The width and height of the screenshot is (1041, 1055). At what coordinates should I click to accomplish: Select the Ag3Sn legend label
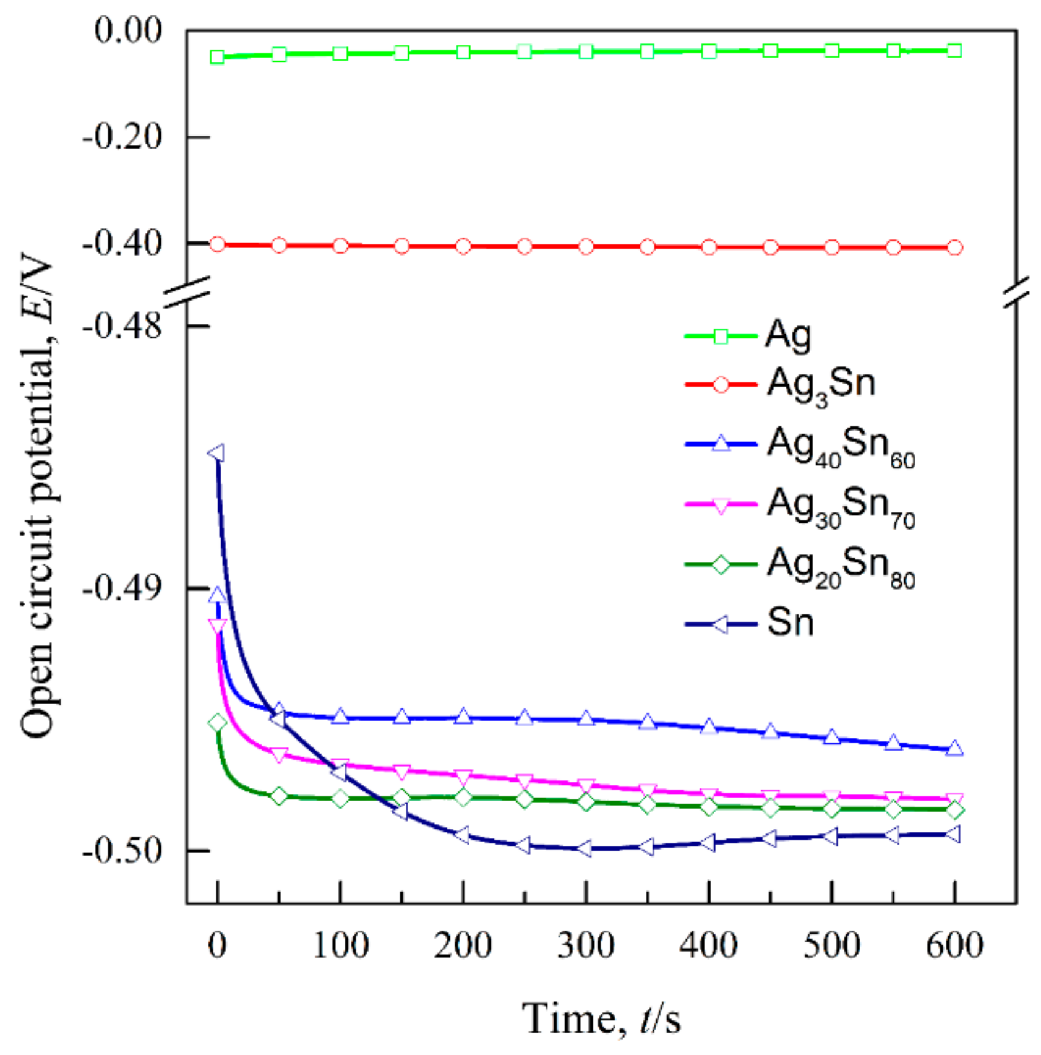(x=820, y=384)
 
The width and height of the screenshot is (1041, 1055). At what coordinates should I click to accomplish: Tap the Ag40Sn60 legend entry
(x=840, y=446)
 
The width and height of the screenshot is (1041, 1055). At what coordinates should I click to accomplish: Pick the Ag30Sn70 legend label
(x=840, y=506)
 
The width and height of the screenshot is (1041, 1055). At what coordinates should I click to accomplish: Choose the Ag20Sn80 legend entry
(x=840, y=566)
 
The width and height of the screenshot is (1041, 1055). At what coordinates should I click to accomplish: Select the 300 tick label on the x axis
(x=585, y=946)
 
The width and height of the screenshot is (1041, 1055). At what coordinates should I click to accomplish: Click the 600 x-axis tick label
(x=954, y=946)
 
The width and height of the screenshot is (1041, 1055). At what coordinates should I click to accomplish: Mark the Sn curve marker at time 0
(x=216, y=454)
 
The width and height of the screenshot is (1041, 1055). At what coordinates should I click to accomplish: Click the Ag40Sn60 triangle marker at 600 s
(x=954, y=749)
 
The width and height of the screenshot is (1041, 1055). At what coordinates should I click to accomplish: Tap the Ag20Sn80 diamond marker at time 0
(x=217, y=723)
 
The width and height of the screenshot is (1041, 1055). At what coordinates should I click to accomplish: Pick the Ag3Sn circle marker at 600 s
(x=954, y=248)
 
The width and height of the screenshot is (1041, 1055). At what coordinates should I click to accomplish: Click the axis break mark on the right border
(x=1016, y=292)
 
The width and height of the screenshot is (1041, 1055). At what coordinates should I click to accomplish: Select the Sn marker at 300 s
(x=585, y=848)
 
